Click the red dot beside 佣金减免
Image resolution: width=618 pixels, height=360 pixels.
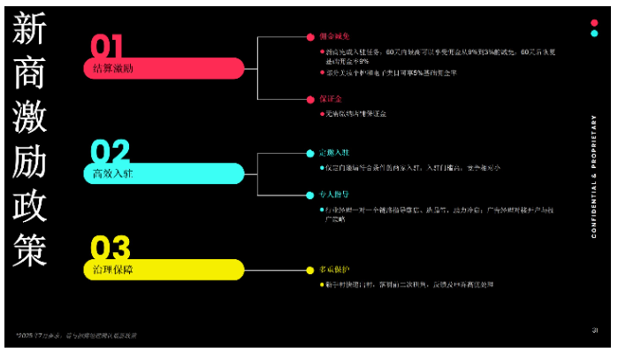click(310, 37)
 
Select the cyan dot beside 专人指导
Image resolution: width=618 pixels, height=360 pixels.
click(310, 194)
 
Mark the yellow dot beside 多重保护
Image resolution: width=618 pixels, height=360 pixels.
click(310, 269)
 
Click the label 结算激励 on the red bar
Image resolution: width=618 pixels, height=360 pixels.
click(113, 68)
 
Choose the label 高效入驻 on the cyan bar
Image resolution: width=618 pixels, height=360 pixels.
click(113, 173)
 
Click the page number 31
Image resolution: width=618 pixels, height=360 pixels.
click(595, 331)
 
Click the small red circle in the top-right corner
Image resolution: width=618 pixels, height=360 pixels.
click(594, 22)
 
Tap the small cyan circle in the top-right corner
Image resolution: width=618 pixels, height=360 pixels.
click(594, 34)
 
